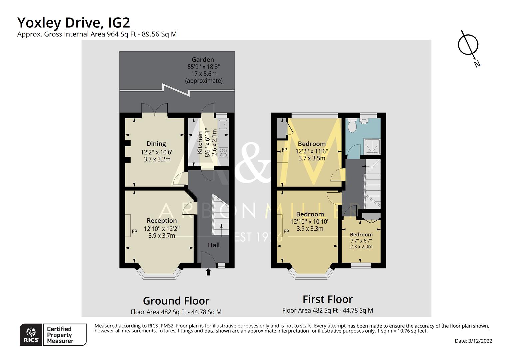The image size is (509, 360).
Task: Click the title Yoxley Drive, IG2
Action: point(73,23)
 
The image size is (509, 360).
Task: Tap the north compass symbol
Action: point(468,46)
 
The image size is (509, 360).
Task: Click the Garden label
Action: point(203,60)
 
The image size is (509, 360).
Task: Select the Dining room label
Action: point(156,144)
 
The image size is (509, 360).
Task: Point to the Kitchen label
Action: point(200,143)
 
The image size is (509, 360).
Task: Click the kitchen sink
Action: point(223,125)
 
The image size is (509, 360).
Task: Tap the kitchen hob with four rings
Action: point(223,153)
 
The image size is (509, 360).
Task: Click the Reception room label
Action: point(162,221)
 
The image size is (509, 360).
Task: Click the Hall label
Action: point(214,245)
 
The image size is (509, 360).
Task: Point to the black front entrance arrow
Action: point(208,272)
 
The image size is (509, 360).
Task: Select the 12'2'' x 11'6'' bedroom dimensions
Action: point(312,151)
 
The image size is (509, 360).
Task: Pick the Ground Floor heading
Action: point(176,301)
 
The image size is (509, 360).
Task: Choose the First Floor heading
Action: point(327,299)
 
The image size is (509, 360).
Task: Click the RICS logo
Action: point(31,335)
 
